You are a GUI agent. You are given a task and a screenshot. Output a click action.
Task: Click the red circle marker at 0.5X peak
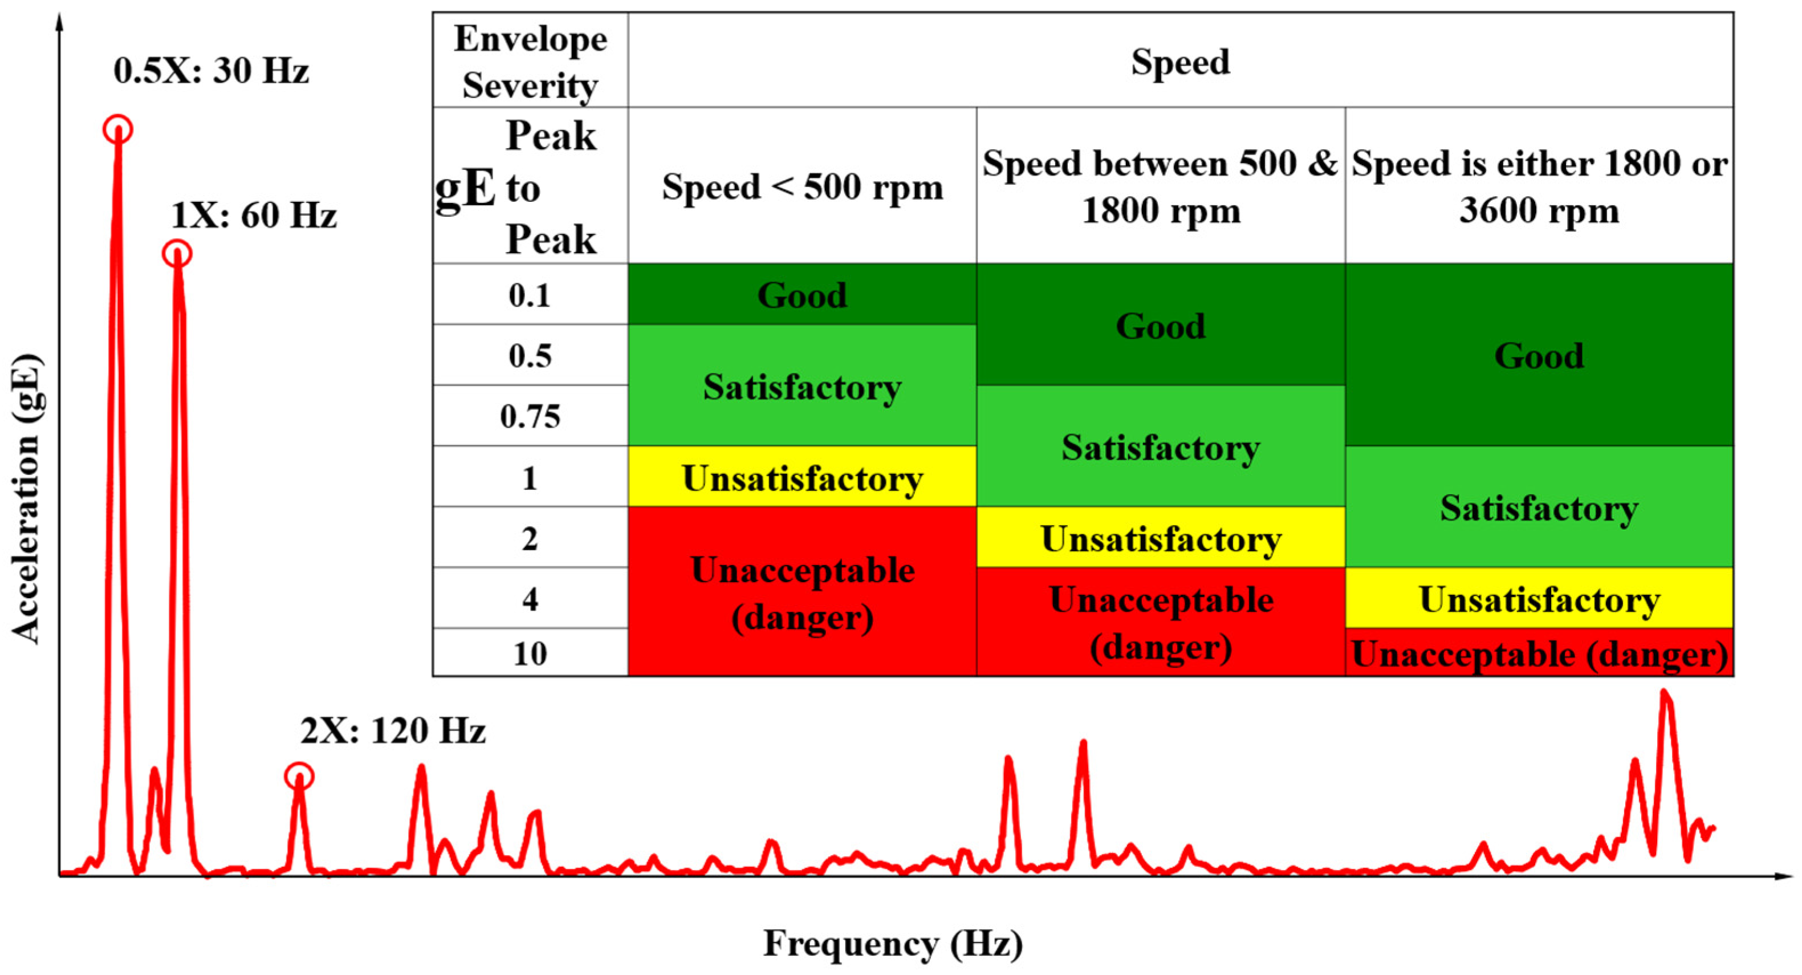[x=117, y=129]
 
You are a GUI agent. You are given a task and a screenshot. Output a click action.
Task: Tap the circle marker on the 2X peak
[x=299, y=777]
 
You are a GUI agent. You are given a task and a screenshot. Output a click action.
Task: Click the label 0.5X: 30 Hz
[x=211, y=71]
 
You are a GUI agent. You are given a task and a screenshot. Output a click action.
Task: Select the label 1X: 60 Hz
[x=254, y=215]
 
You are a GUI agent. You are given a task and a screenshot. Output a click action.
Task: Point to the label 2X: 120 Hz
[x=393, y=731]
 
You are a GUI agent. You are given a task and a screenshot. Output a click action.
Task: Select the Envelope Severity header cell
[x=530, y=61]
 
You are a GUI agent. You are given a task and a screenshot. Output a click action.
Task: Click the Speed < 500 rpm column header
[x=802, y=187]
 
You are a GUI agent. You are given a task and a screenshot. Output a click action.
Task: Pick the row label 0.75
[x=530, y=416]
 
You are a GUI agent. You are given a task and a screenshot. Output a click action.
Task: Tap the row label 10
[x=530, y=653]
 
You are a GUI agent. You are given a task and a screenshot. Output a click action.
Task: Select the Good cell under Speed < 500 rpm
[x=802, y=294]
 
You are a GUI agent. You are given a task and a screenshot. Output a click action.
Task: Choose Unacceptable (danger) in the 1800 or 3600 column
[x=1539, y=653]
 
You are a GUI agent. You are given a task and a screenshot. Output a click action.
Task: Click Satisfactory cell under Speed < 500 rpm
[x=802, y=386]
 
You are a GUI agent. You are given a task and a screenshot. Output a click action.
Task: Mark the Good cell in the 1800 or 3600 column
[x=1539, y=355]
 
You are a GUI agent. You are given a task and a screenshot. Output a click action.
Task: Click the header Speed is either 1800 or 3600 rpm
[x=1539, y=187]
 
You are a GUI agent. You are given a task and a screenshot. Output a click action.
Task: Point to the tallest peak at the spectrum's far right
[x=1666, y=694]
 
